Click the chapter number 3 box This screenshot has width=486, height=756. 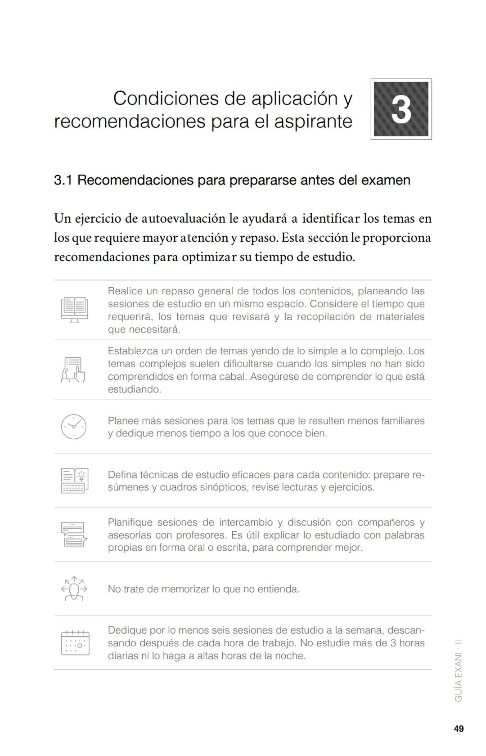click(401, 109)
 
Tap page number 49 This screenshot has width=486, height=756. click(459, 729)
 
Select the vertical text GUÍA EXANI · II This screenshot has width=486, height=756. click(458, 670)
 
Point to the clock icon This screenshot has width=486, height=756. click(74, 427)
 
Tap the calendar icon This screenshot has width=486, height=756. click(75, 643)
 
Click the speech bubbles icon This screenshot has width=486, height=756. click(74, 535)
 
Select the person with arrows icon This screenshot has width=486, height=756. click(74, 589)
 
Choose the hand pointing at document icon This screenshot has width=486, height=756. click(73, 370)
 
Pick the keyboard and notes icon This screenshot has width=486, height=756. click(75, 481)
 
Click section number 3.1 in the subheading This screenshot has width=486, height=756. click(63, 180)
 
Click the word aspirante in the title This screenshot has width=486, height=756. click(313, 121)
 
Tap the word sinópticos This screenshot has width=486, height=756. click(221, 487)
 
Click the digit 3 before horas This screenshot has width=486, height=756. click(393, 643)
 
